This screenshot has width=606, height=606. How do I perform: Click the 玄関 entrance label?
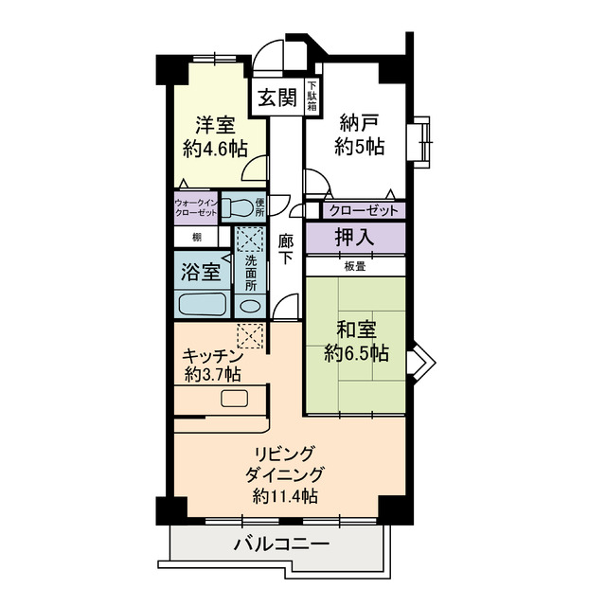click(277, 97)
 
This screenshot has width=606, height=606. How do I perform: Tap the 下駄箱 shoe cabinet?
click(312, 97)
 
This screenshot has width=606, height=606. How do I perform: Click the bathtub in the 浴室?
click(202, 304)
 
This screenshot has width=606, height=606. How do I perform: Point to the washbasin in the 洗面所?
click(250, 306)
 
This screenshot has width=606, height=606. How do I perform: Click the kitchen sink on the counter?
click(234, 399)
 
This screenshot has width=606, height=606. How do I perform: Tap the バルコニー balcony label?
click(282, 545)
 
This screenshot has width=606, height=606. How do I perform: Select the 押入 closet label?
click(354, 237)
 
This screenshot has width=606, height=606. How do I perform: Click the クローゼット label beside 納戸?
click(364, 211)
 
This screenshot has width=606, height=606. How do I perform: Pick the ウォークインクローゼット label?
click(196, 208)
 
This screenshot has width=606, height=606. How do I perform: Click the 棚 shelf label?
click(197, 238)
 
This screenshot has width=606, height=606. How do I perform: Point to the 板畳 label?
click(355, 266)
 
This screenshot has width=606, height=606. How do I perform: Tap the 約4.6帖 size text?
click(215, 149)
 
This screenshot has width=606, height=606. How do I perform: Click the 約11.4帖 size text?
click(285, 495)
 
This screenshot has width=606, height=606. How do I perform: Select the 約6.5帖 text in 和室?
click(356, 353)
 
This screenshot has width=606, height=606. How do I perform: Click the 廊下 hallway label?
click(286, 250)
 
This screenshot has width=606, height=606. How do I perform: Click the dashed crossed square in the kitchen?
click(250, 336)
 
